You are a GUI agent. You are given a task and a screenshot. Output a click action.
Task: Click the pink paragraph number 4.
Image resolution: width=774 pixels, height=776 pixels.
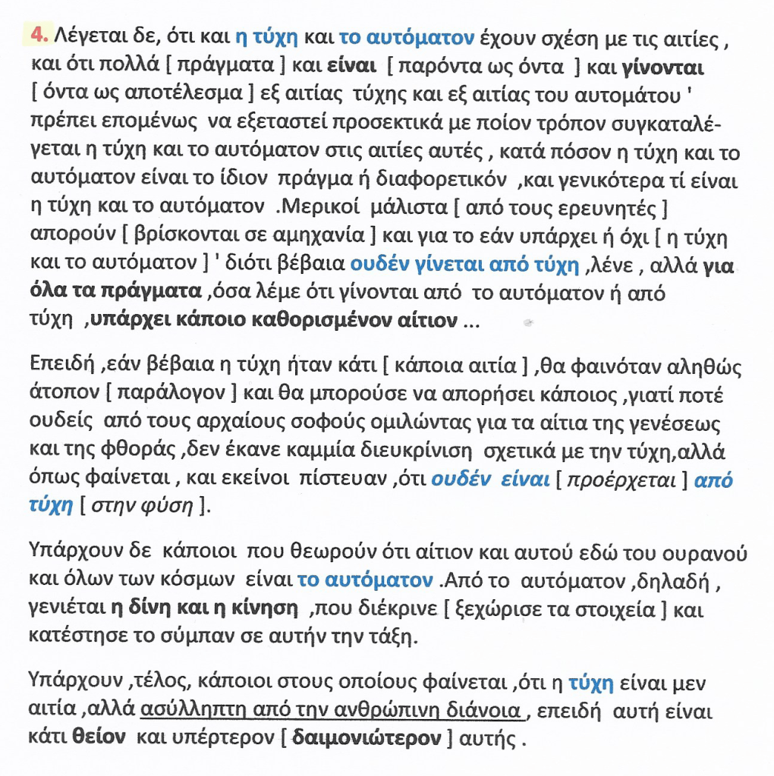click(39, 35)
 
